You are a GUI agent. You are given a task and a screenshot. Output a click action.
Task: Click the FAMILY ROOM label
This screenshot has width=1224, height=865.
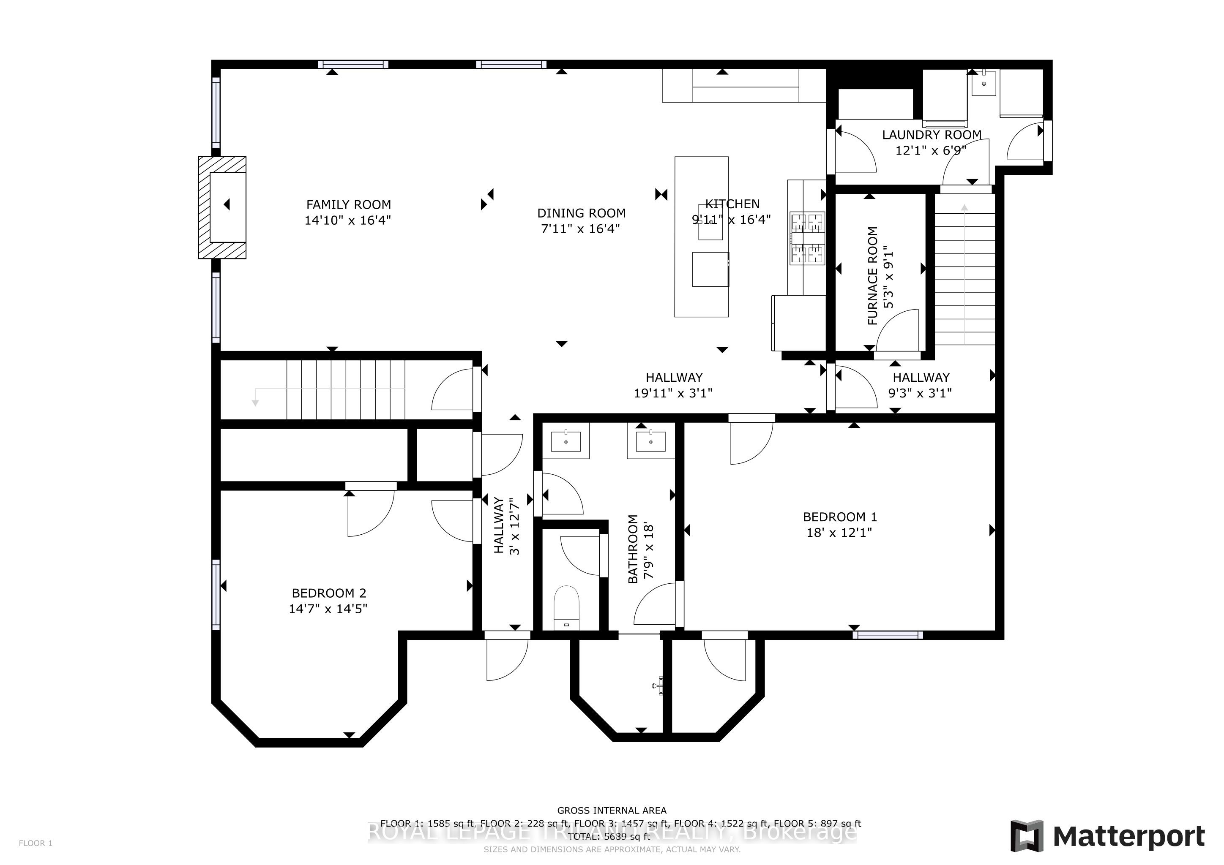[x=348, y=204]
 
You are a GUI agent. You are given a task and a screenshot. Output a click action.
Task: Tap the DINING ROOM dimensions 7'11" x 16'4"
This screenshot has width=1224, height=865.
[x=581, y=229]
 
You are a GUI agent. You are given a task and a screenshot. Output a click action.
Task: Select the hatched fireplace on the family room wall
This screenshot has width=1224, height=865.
[x=222, y=207]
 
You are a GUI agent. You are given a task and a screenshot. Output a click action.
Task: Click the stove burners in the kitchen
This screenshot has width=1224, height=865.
[x=807, y=238]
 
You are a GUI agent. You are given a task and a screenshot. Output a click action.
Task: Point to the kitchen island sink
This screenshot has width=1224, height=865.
[x=710, y=222]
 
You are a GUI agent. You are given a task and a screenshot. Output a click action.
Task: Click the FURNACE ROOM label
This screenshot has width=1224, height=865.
[x=873, y=275]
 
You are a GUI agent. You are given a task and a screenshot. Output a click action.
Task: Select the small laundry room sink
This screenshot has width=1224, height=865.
[x=984, y=84]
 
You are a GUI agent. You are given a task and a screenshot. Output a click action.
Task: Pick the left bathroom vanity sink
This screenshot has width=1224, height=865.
[x=566, y=441]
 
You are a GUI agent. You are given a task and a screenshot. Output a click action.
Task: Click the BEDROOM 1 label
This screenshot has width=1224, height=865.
[x=840, y=517]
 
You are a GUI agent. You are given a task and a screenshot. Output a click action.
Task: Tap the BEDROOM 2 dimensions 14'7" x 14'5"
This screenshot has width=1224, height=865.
[x=328, y=609]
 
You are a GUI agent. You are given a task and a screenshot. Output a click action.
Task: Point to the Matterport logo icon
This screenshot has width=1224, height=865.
[x=1027, y=836]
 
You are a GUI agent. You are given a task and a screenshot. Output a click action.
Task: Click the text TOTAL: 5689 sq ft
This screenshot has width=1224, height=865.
[x=612, y=837]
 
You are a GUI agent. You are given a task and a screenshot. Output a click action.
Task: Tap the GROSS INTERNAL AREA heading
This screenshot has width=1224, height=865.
[x=612, y=811]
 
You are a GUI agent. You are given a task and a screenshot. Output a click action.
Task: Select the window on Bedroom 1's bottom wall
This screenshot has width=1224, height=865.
[x=887, y=635]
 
